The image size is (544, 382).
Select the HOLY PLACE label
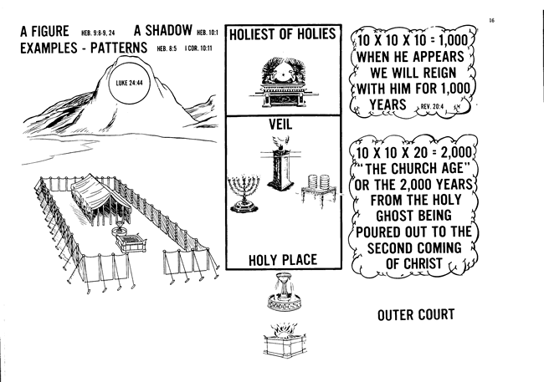coord(283,260)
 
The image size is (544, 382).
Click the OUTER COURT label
coord(415,315)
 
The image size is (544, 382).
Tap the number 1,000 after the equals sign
coord(451,39)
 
